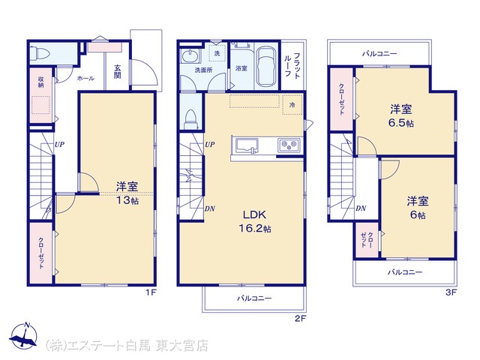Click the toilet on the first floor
point(40,53)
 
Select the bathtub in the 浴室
point(266,66)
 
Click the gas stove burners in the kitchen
point(289,144)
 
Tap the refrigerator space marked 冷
point(292,105)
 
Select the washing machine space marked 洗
point(217,53)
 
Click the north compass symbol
point(23,335)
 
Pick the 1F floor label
point(151,292)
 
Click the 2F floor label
point(300,319)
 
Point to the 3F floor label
point(451,292)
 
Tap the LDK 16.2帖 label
point(255,221)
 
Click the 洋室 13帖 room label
point(127,193)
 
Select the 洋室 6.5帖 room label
point(401,116)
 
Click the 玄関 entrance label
point(118,71)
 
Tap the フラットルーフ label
point(292,66)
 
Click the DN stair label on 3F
point(361,208)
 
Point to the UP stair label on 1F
point(59,144)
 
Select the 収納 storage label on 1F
point(40,82)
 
